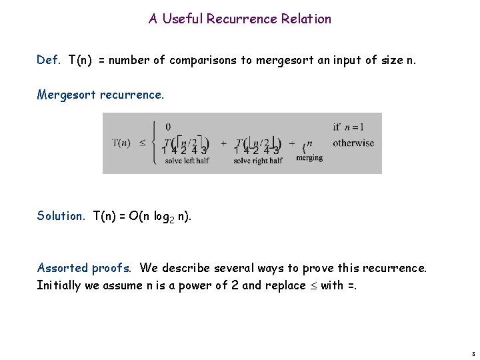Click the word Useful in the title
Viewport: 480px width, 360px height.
click(181, 19)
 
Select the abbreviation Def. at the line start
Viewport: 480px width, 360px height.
click(49, 60)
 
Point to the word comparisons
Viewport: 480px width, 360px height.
click(203, 60)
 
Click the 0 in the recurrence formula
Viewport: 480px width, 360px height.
click(167, 127)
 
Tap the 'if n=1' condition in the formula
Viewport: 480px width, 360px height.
click(349, 127)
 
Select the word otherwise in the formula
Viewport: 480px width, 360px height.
click(353, 143)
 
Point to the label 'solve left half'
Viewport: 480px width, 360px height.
click(187, 160)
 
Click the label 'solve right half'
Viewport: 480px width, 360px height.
click(259, 160)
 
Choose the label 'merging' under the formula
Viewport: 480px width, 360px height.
click(309, 158)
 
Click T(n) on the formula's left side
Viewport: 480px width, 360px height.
click(121, 143)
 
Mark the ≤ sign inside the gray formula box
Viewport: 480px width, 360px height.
click(143, 143)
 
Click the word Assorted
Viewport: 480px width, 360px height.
click(62, 268)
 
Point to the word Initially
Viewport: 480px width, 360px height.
click(57, 285)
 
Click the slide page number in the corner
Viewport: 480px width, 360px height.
click(472, 354)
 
